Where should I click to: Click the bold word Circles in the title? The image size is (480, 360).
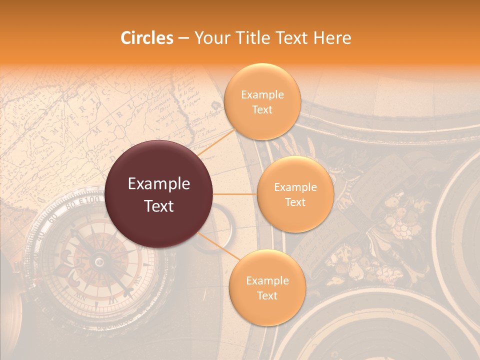pyautogui.click(x=146, y=37)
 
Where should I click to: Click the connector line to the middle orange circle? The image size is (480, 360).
pyautogui.click(x=235, y=194)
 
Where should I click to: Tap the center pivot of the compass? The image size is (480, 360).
pyautogui.click(x=99, y=261)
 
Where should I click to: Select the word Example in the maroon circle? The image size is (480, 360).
pyautogui.click(x=159, y=184)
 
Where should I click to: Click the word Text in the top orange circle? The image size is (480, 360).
pyautogui.click(x=262, y=109)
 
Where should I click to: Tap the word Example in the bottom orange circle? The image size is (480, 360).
pyautogui.click(x=267, y=281)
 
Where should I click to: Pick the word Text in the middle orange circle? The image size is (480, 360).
pyautogui.click(x=295, y=202)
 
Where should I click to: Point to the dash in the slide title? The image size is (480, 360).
pyautogui.click(x=183, y=38)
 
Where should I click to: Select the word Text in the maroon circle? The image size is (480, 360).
pyautogui.click(x=159, y=206)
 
